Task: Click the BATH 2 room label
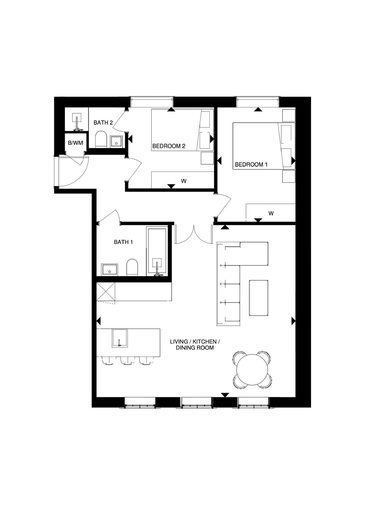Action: click(x=103, y=123)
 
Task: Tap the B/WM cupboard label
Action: click(x=75, y=143)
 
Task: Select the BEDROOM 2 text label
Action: click(x=169, y=146)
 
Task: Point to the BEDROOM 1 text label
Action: click(x=251, y=164)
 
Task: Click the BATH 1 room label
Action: click(x=123, y=242)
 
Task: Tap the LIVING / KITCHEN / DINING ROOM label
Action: click(x=195, y=345)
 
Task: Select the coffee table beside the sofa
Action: click(x=258, y=298)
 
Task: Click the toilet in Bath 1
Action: click(x=133, y=267)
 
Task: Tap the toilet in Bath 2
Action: click(x=101, y=140)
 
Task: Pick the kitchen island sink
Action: click(x=120, y=338)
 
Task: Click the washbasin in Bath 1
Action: click(x=109, y=270)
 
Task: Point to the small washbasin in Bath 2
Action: click(x=117, y=141)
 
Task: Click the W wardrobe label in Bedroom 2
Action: click(x=183, y=181)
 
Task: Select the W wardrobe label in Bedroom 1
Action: click(x=271, y=213)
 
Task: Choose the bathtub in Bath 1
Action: click(x=157, y=251)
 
